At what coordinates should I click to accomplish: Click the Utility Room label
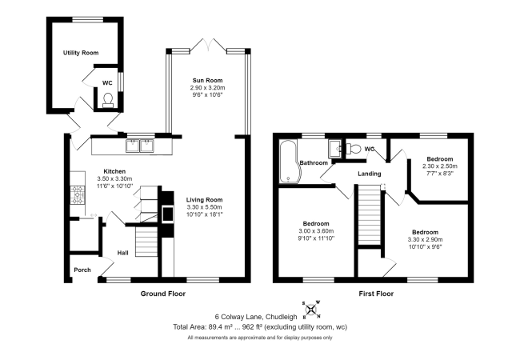pyautogui.click(x=81, y=53)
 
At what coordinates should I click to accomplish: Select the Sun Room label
pyautogui.click(x=207, y=80)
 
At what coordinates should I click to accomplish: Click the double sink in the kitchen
pyautogui.click(x=142, y=146)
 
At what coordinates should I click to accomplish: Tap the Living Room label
pyautogui.click(x=205, y=200)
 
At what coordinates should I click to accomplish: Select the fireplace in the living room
pyautogui.click(x=166, y=214)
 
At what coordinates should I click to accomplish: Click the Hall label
pyautogui.click(x=123, y=253)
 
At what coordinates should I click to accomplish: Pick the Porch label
pyautogui.click(x=82, y=270)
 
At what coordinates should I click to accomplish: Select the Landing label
pyautogui.click(x=369, y=174)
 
